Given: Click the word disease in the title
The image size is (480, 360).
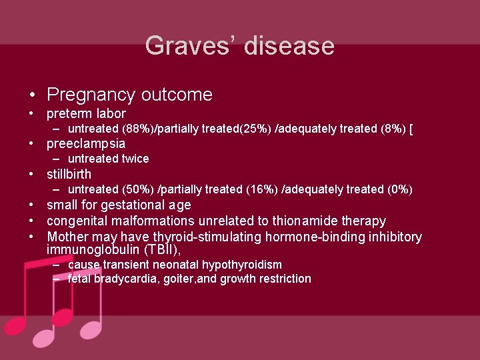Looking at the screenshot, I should tap(289, 46).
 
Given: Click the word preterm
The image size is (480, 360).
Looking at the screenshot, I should tap(68, 114).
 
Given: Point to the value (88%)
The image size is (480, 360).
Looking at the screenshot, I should tap(139, 129).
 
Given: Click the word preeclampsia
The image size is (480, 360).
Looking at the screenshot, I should tap(86, 144).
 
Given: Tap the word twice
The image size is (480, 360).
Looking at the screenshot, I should tap(135, 159).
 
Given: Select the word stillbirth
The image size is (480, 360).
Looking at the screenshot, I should tap(69, 175).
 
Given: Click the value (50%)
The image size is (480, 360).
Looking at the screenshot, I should tap(139, 190).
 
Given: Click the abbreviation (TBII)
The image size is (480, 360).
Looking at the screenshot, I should tap(158, 250).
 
